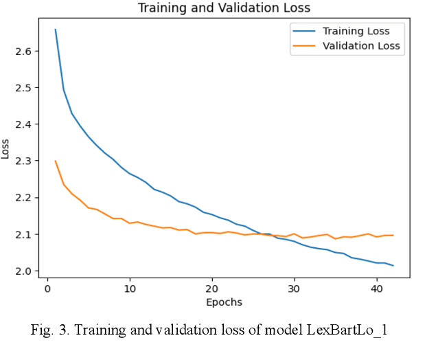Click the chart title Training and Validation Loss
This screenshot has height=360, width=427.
[224, 8]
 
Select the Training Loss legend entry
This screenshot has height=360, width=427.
[356, 31]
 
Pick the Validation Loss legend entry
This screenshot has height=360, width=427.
[361, 47]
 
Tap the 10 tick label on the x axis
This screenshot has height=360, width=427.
[130, 289]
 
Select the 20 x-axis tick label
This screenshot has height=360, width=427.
[212, 289]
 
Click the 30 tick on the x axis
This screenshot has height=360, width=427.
[295, 289]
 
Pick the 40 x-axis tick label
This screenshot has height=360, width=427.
[377, 289]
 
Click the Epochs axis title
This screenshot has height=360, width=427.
[224, 302]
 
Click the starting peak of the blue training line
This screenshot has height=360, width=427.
[56, 30]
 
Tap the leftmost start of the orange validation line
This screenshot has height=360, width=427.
[56, 161]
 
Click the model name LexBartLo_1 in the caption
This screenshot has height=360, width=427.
[349, 330]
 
